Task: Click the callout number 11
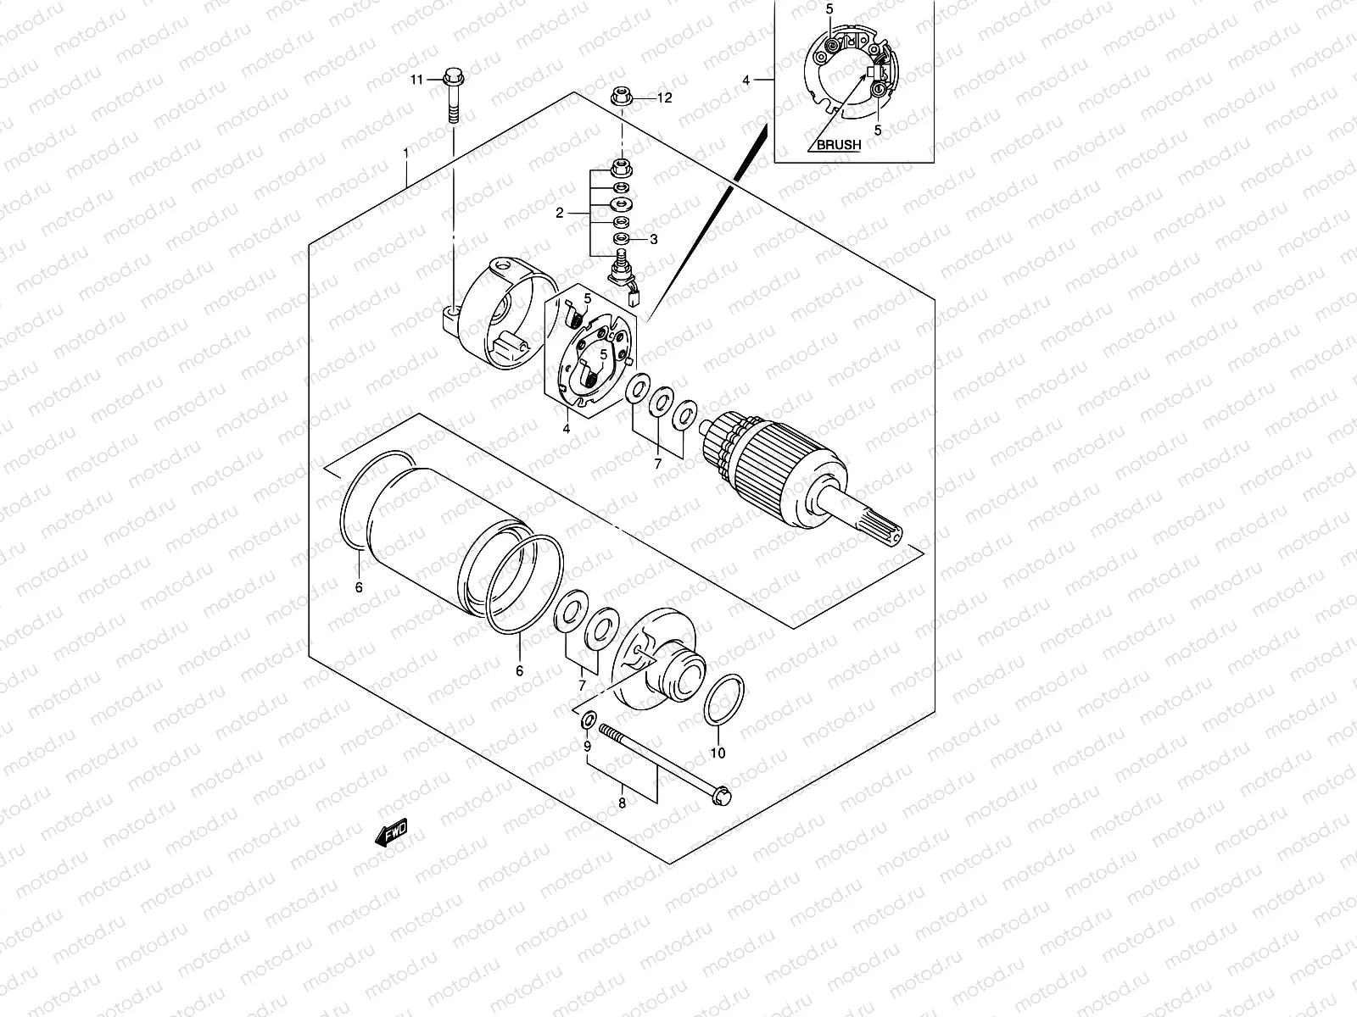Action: [416, 80]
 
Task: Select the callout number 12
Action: [664, 98]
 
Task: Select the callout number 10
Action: [718, 753]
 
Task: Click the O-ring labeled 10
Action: [725, 701]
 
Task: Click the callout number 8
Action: [622, 803]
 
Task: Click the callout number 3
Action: [653, 240]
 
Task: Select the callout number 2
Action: [560, 214]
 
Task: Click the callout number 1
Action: [406, 153]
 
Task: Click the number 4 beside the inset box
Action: [746, 81]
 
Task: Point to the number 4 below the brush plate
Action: [565, 429]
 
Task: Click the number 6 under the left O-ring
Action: [359, 586]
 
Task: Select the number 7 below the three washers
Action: [657, 464]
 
